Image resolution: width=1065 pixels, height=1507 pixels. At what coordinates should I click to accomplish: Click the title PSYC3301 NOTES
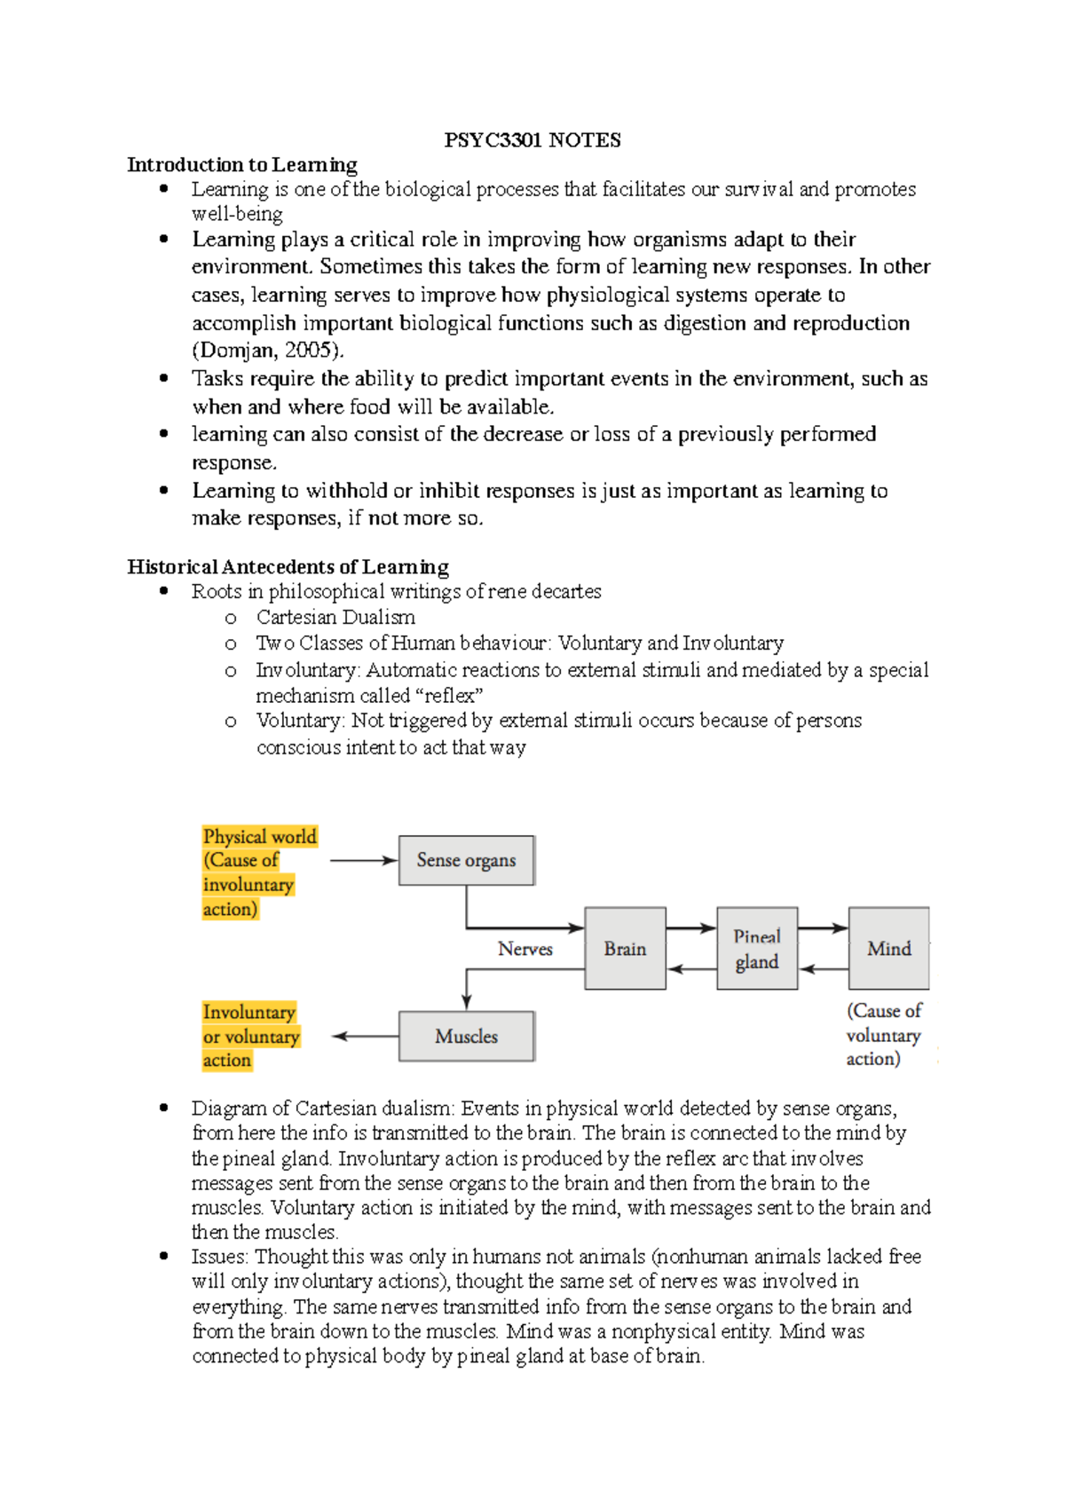coord(532,140)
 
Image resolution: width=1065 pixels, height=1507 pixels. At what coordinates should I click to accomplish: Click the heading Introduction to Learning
coord(242,164)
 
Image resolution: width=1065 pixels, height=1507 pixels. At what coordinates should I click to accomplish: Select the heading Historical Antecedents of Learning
coord(288,566)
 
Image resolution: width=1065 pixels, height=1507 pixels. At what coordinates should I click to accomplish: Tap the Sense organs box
coord(466,860)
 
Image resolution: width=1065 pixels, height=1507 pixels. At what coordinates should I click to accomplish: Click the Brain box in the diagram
coord(625,949)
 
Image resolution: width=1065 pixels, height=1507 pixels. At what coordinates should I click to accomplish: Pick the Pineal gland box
coord(757,949)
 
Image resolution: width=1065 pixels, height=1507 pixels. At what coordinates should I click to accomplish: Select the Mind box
coord(888,949)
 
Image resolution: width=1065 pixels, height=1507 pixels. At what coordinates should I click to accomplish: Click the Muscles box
coord(466,1036)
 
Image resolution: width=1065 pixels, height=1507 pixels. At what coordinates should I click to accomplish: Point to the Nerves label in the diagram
coord(525,949)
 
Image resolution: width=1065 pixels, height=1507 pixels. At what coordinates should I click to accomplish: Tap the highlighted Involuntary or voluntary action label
coord(250,1036)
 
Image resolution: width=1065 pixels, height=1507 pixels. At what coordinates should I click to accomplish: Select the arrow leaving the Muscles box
coord(365,1036)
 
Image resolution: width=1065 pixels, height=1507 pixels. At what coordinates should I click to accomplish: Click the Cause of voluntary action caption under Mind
coord(883,1035)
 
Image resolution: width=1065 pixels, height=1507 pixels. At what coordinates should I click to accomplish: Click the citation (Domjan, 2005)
coord(267,350)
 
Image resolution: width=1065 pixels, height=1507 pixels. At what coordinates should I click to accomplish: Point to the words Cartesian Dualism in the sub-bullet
coord(335,617)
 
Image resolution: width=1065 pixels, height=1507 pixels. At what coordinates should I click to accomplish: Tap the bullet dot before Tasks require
coord(163,378)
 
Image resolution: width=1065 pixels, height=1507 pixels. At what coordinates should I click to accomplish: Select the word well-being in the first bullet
coord(237,214)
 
